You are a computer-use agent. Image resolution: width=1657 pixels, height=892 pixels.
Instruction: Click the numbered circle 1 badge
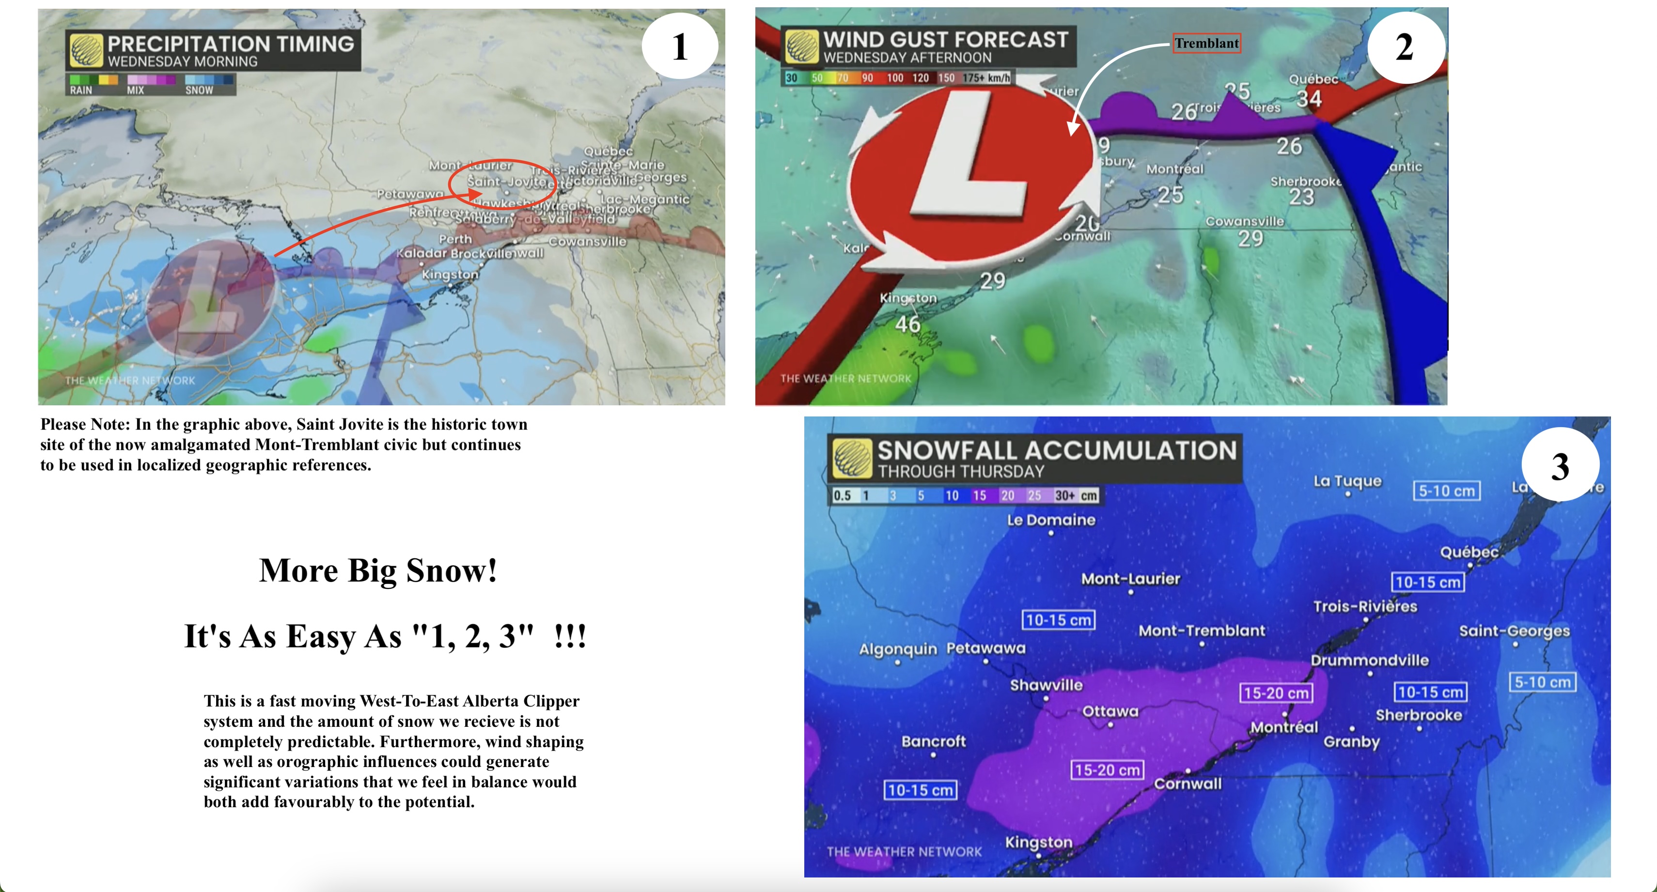(x=680, y=46)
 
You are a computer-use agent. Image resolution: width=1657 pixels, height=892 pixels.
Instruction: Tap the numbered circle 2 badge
(x=1405, y=47)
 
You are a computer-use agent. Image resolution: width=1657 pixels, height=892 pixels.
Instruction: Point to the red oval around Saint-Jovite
(x=502, y=181)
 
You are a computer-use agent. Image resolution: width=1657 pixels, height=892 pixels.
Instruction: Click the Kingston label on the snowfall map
(x=1038, y=842)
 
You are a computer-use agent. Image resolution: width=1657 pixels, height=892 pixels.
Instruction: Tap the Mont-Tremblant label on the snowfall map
(x=1202, y=630)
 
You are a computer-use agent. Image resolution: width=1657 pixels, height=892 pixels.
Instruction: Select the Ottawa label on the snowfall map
(x=1110, y=710)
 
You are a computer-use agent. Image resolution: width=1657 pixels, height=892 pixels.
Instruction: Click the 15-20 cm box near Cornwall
(x=1107, y=770)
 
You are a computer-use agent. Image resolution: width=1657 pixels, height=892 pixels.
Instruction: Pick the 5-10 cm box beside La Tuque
(x=1446, y=491)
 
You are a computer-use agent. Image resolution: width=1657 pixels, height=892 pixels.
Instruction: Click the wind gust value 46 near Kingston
(x=907, y=323)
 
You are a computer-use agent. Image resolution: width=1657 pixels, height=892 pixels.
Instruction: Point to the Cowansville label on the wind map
(x=1244, y=221)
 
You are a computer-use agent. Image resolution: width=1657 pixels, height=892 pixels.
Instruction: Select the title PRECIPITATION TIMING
(x=230, y=44)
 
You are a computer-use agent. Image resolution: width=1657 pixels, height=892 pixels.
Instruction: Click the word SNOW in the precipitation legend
(x=200, y=90)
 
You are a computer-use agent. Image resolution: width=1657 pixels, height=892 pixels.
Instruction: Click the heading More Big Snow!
(x=378, y=570)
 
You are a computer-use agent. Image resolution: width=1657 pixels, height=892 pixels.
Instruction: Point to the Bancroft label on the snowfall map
(x=933, y=741)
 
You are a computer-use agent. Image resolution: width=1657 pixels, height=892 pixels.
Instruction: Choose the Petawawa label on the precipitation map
(x=410, y=194)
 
